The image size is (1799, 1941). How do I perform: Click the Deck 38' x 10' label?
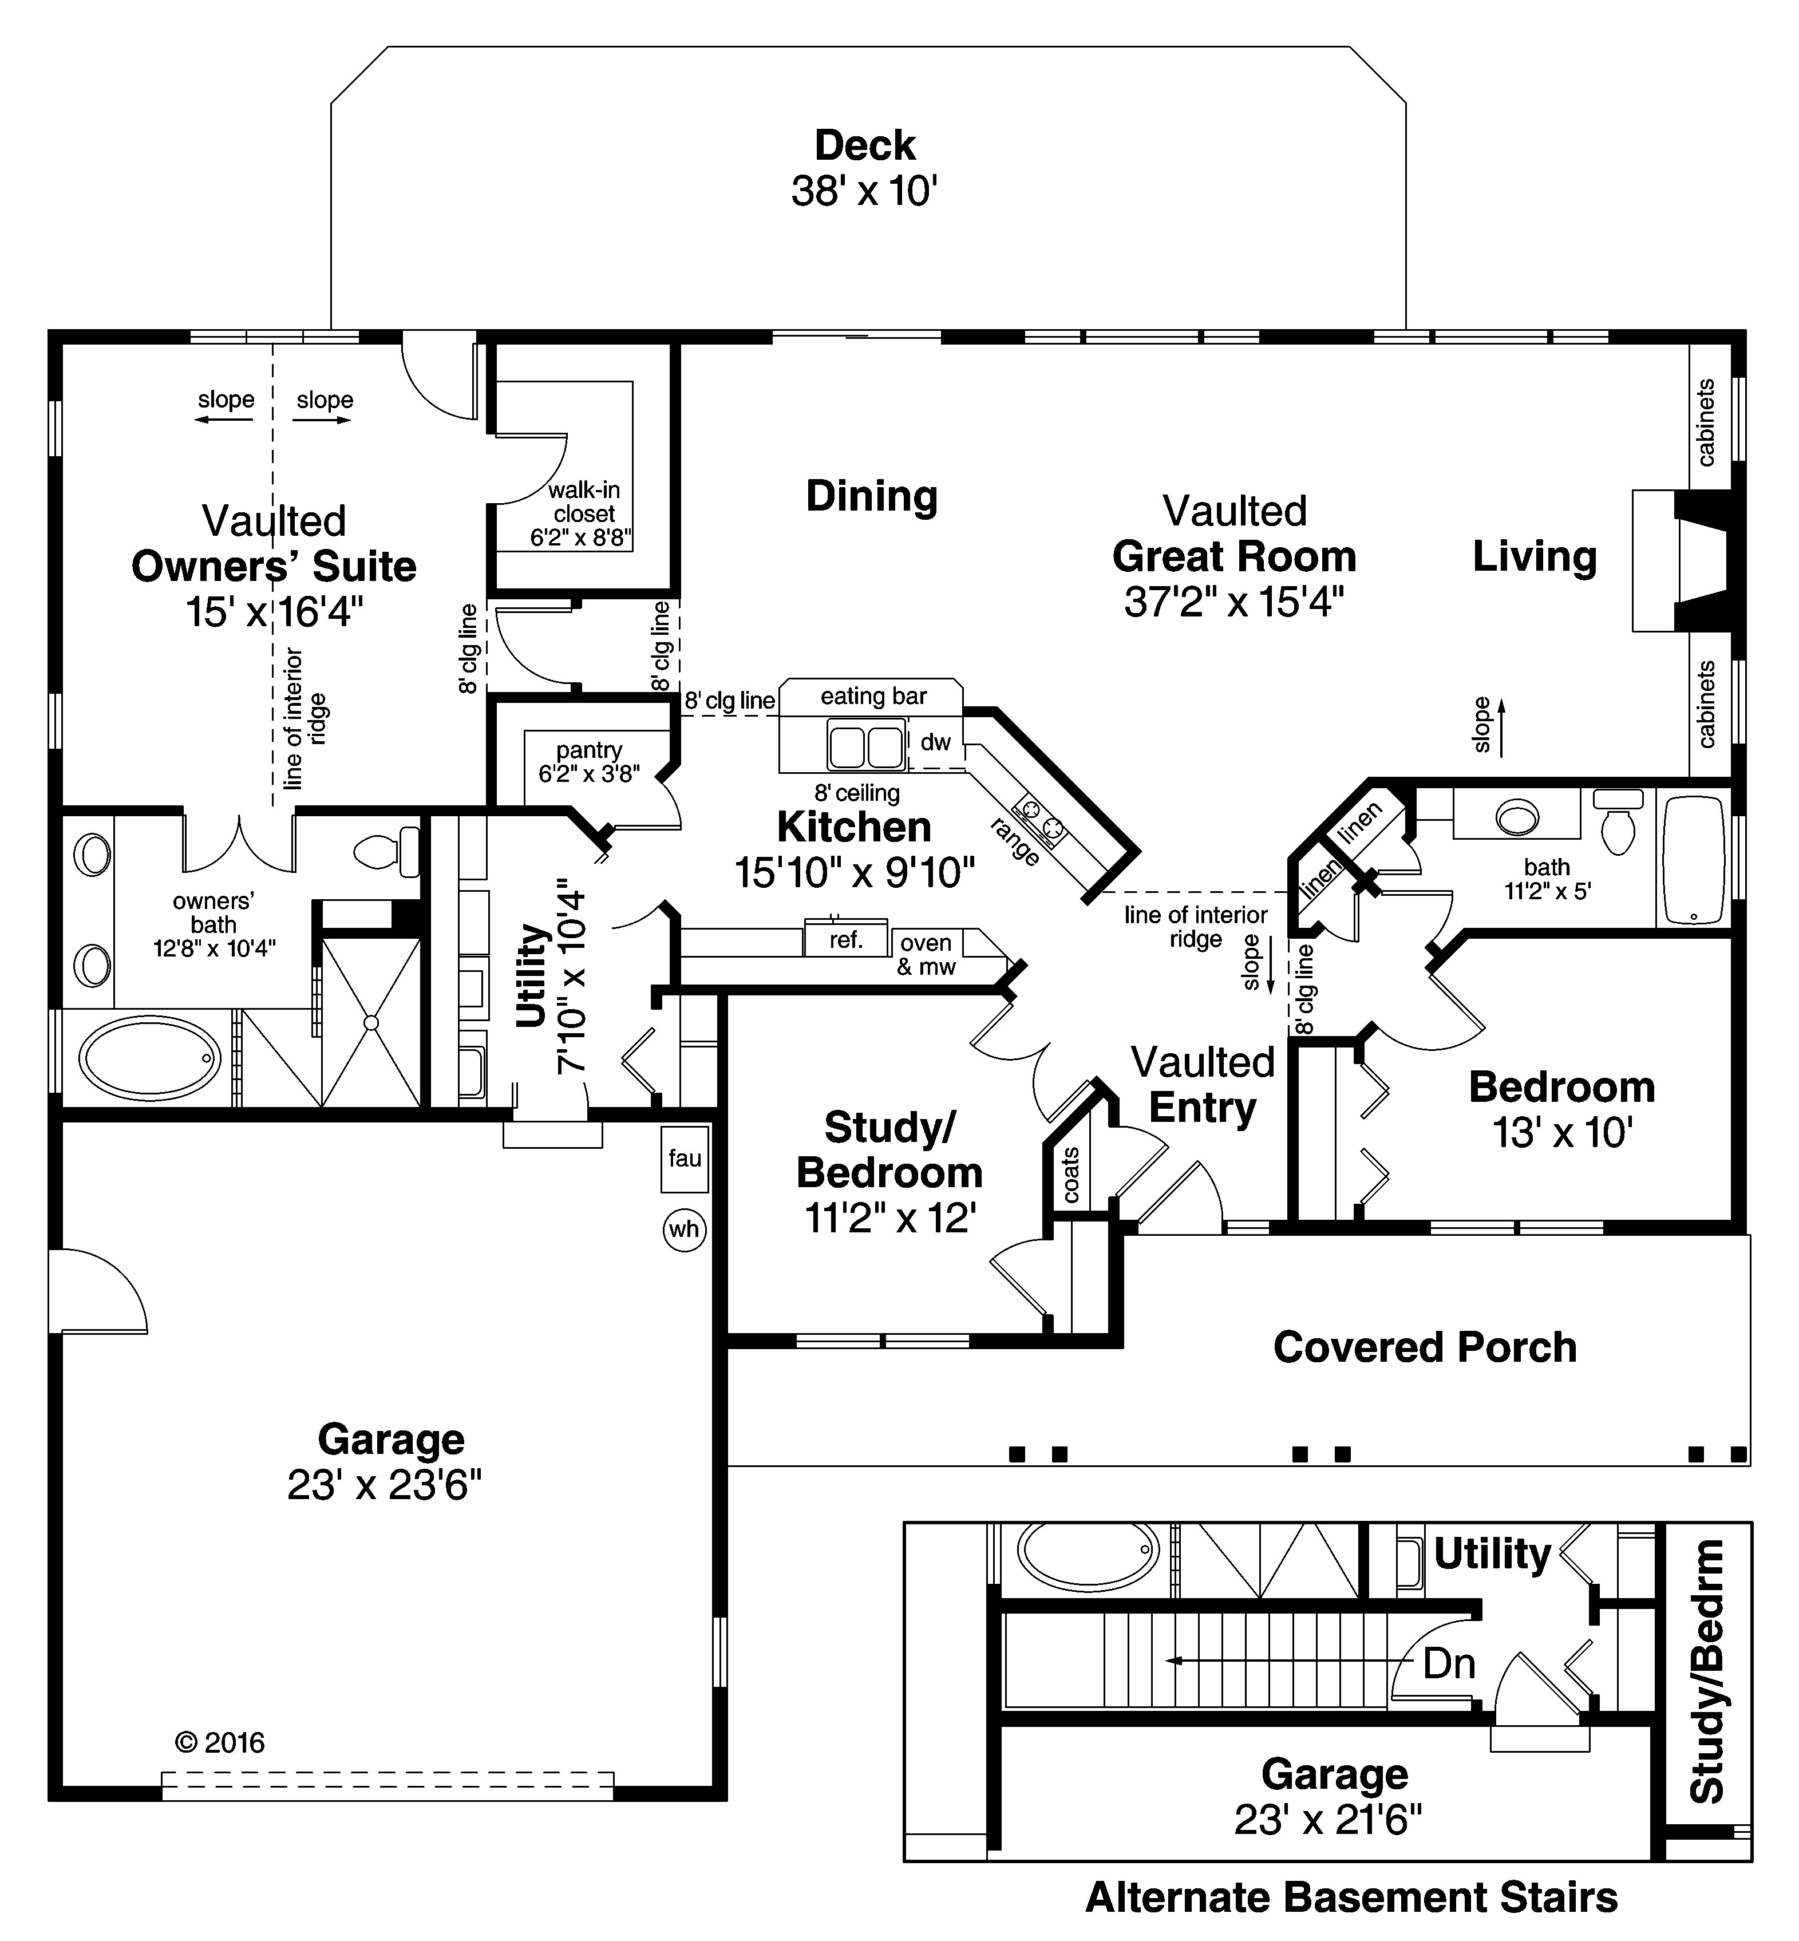pos(864,168)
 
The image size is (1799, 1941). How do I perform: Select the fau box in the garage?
pos(685,1159)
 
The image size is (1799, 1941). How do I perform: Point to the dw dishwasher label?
pos(935,743)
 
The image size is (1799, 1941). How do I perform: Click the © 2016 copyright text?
pos(219,1741)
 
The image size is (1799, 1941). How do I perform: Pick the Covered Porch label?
pos(1424,1347)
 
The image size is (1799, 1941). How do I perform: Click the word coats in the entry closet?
pos(1071,1175)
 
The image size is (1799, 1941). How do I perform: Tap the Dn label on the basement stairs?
pos(1449,1663)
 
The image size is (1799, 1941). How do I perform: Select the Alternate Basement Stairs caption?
pos(1351,1897)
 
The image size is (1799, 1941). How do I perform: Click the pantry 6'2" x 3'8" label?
pos(589,762)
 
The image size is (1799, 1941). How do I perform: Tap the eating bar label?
pos(873,696)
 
